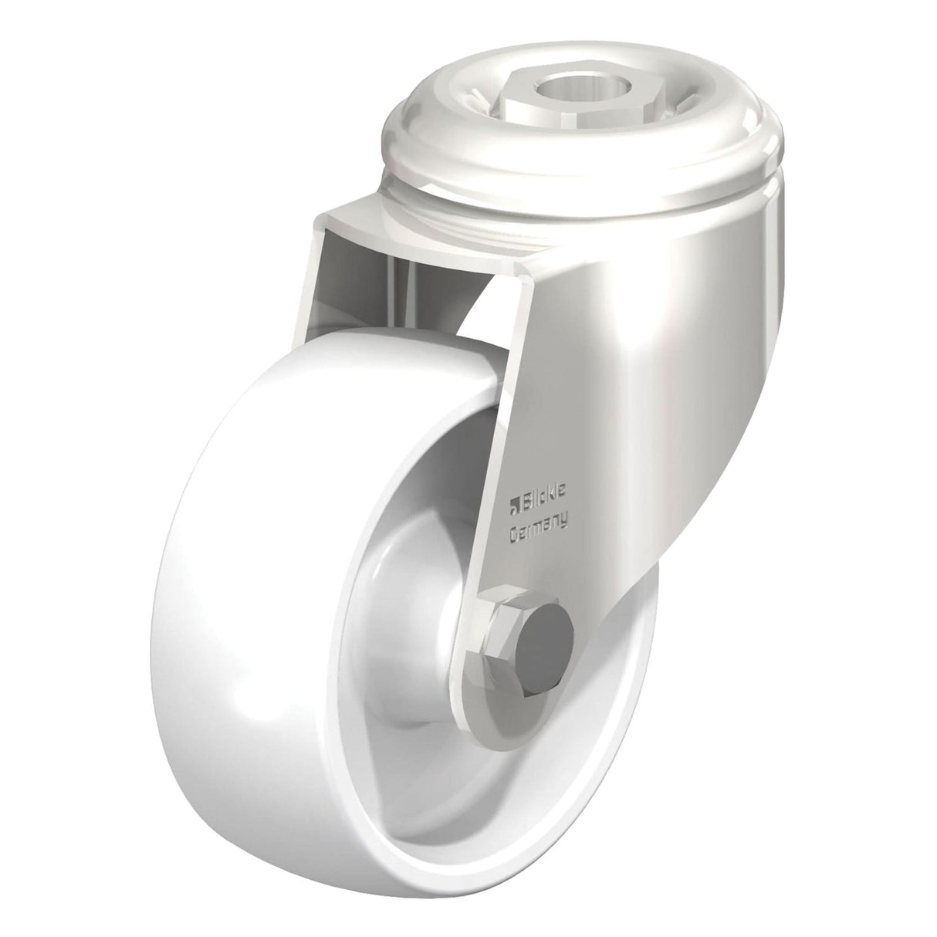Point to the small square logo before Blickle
(512, 506)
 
